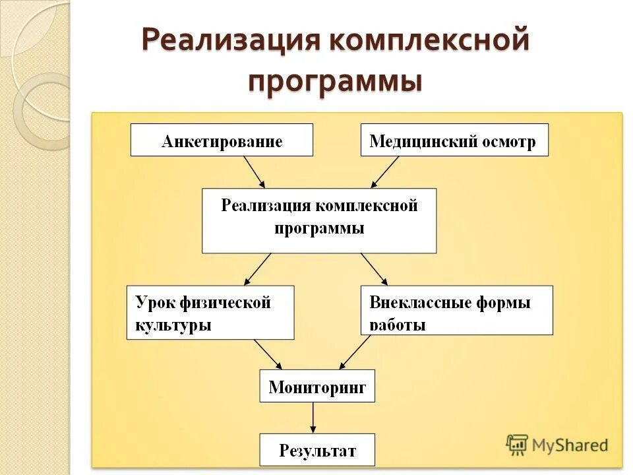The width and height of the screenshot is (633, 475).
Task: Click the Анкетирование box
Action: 222,141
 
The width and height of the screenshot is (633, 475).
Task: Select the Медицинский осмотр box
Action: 454,141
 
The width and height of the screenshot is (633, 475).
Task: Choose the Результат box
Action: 317,450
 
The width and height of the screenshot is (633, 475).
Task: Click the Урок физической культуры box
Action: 210,313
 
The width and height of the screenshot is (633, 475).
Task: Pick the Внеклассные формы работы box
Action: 457,310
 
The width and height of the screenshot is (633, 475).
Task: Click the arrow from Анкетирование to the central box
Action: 254,172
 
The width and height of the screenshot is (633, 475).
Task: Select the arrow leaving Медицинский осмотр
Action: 385,172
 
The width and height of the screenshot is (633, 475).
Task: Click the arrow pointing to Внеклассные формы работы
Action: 374,269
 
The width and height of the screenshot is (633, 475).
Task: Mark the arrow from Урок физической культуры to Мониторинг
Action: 268,354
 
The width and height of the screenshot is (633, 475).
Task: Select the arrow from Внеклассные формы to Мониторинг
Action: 355,352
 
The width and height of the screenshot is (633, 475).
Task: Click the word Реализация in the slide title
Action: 229,41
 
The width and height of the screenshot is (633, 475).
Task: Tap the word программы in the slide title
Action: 335,82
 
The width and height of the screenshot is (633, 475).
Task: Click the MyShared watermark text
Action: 569,445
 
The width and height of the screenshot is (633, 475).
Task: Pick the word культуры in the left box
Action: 173,325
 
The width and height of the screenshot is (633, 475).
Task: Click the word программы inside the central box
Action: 319,229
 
